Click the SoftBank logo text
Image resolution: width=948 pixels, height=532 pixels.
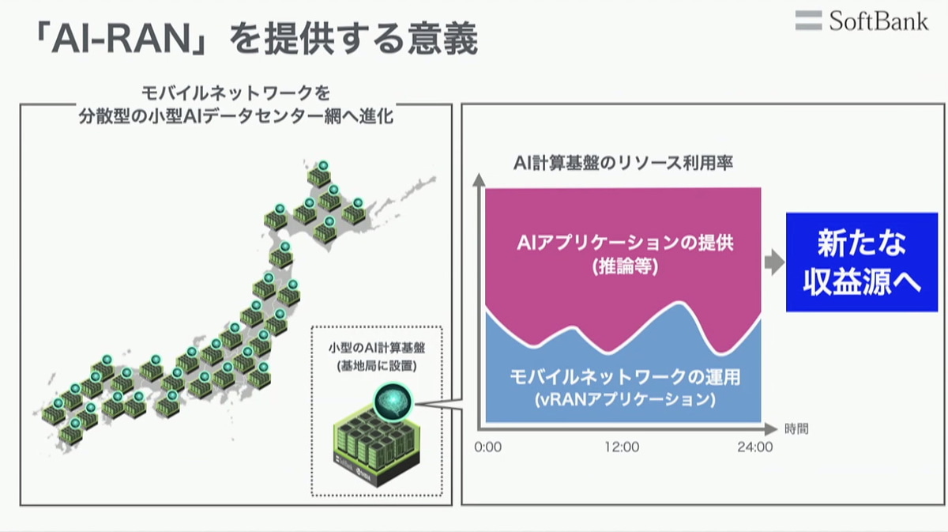point(878,21)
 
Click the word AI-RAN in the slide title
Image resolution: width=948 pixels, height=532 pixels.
point(121,40)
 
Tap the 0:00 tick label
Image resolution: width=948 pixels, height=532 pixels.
point(488,447)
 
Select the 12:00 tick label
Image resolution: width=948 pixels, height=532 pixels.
point(622,447)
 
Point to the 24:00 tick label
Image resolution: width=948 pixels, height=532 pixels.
point(755,447)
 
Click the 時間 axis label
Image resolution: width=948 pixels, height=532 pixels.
point(796,429)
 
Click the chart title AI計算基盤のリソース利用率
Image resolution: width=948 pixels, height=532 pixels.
point(623,163)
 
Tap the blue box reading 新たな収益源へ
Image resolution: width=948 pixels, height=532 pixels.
point(862,262)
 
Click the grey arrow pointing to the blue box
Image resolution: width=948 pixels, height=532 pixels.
point(774,262)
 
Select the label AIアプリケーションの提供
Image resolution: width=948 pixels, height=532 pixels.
point(625,243)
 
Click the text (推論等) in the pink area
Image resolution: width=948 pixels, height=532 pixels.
point(625,267)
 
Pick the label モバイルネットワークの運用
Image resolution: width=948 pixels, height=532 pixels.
point(625,376)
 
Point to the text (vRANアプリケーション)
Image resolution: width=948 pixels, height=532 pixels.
point(625,399)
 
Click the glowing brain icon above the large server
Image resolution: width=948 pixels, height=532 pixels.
point(393,402)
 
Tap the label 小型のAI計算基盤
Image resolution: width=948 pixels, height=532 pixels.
point(377,348)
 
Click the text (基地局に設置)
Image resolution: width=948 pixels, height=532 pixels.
point(377,365)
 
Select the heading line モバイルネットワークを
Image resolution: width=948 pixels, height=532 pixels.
point(235,93)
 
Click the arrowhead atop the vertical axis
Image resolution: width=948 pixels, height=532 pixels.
point(479,179)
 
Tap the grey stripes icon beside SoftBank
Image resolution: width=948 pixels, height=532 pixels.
point(808,21)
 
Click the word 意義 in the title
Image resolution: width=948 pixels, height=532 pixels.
point(442,40)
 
